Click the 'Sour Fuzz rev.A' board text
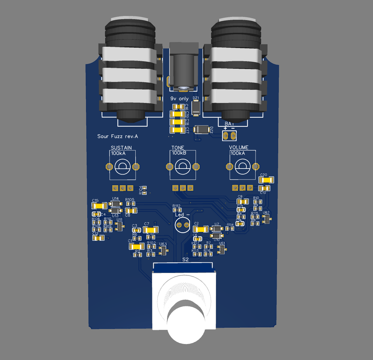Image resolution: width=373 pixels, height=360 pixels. tap(117, 136)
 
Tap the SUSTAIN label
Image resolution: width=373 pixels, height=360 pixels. tap(121, 148)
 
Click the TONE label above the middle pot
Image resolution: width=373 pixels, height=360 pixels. tap(178, 148)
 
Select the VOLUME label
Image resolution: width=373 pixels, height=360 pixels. tap(239, 147)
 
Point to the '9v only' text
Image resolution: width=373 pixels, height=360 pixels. tap(179, 99)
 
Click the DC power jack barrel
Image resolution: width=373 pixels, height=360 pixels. tap(184, 69)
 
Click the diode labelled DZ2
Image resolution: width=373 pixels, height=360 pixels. tap(202, 129)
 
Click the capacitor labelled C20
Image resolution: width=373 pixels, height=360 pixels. tap(266, 180)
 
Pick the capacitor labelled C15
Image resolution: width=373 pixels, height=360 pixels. tap(99, 206)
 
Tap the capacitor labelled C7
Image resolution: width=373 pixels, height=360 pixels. tap(151, 230)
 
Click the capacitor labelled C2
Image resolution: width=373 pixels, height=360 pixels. tap(201, 229)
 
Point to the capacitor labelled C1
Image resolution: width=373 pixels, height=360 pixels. tap(137, 246)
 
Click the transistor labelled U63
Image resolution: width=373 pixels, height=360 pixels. tap(163, 250)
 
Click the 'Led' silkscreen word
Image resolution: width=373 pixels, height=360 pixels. tap(179, 215)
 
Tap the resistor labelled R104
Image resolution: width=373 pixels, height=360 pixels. tap(144, 190)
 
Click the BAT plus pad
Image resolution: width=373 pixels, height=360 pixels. tap(226, 136)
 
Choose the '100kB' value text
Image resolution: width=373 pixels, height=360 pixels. tap(179, 153)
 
